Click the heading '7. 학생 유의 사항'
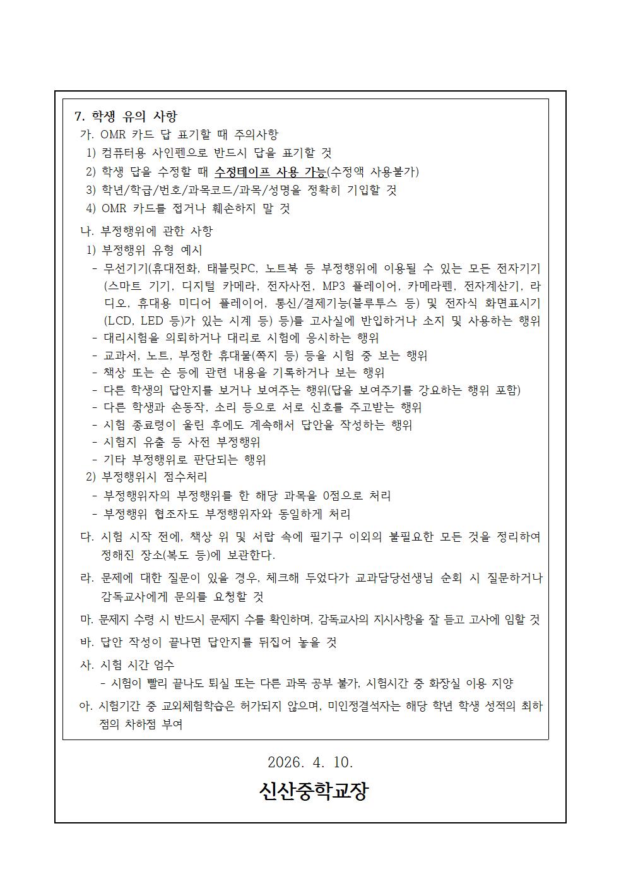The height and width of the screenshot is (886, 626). click(126, 116)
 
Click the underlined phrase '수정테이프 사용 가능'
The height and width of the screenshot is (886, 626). click(270, 172)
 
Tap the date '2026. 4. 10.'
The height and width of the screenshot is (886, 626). click(310, 762)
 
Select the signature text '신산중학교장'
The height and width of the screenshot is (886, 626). click(313, 791)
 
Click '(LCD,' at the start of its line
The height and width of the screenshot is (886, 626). click(119, 321)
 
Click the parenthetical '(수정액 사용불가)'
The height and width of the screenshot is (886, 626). click(372, 172)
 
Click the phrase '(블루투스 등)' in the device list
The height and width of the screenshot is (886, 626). click(384, 303)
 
